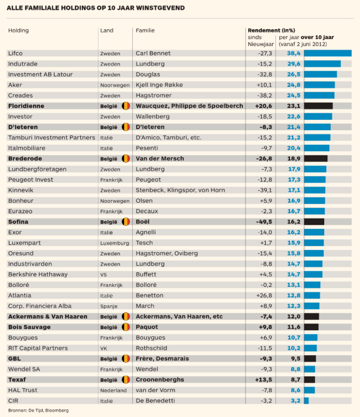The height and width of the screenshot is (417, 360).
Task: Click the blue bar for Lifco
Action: (327, 53)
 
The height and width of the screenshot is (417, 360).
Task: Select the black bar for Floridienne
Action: (318, 106)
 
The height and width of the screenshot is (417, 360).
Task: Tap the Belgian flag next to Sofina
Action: (125, 222)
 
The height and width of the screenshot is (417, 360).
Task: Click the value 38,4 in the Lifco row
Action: (294, 53)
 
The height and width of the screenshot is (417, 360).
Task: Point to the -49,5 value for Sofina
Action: (262, 222)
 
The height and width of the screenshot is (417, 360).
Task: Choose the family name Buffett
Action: (146, 274)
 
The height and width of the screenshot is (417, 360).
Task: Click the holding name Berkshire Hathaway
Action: (37, 274)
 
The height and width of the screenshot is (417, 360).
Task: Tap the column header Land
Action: (107, 30)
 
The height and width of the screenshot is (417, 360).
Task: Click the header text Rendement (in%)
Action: (271, 30)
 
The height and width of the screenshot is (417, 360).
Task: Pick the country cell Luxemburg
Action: (114, 243)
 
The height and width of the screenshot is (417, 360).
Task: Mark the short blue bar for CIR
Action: (306, 401)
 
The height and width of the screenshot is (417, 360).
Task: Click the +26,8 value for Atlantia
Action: (262, 296)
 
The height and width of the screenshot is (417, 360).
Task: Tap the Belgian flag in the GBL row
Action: (125, 358)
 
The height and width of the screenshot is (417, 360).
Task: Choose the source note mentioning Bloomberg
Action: (38, 410)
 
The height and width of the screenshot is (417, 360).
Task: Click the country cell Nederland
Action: (113, 390)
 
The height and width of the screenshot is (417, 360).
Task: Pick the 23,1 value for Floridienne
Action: (294, 106)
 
